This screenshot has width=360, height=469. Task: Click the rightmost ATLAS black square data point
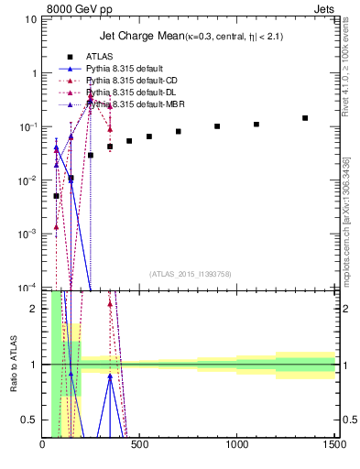[x=305, y=118]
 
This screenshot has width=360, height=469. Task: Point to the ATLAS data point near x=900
[x=217, y=126]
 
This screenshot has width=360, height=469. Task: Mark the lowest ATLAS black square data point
[x=56, y=196]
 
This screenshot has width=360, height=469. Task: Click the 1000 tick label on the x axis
[x=237, y=446]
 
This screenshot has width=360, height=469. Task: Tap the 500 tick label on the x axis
[x=140, y=446]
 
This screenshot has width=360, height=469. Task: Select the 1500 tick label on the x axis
[x=334, y=446]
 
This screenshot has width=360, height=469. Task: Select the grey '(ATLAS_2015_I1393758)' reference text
[x=191, y=274]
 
